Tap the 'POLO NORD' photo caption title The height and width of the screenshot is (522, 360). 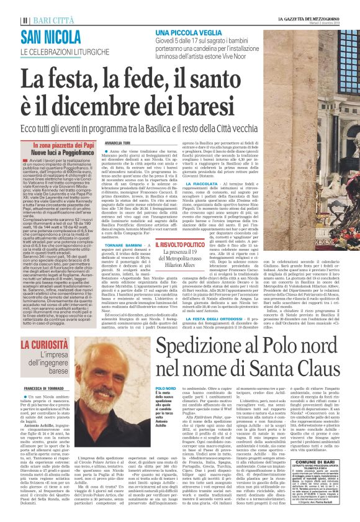click(x=166, y=389)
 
